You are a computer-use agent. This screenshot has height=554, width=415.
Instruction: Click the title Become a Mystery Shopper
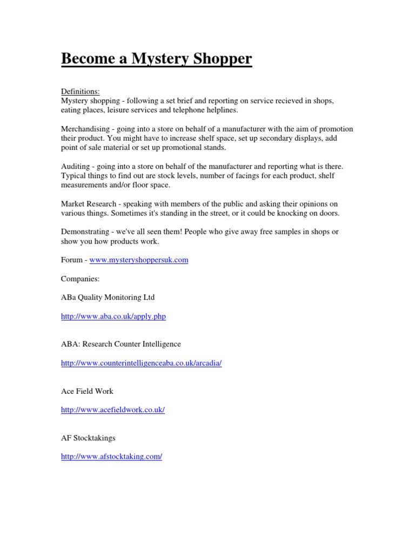click(x=156, y=58)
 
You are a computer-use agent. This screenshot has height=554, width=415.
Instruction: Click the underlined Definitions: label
click(x=80, y=91)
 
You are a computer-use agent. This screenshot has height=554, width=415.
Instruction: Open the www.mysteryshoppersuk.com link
click(x=139, y=260)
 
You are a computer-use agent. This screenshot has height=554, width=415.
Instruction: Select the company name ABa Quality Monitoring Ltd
click(x=108, y=297)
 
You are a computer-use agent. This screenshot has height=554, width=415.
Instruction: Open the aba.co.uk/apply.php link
click(x=113, y=316)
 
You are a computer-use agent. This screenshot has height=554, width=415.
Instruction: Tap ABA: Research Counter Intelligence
click(x=121, y=344)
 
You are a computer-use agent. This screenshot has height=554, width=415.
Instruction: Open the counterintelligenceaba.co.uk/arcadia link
click(x=142, y=363)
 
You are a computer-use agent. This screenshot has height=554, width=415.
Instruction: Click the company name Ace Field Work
click(x=87, y=391)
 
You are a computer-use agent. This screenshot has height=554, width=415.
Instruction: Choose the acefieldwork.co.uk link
click(x=113, y=410)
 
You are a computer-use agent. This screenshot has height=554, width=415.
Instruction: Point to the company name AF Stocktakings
click(x=88, y=438)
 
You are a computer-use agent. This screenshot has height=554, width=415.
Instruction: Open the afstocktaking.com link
click(x=112, y=457)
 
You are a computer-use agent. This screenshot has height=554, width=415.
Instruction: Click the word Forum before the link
click(x=72, y=260)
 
